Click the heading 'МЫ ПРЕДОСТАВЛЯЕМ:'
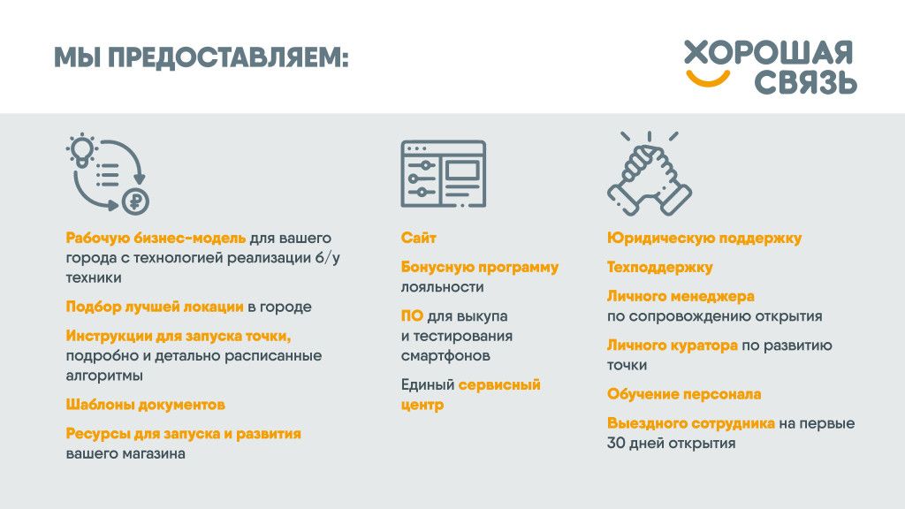coord(201,57)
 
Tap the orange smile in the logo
coord(707,80)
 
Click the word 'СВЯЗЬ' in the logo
coord(806,82)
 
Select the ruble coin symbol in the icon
coord(135,201)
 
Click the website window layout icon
coord(444,174)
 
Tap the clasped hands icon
coord(650,174)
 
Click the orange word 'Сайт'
coord(418,238)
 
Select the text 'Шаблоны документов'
coord(146,405)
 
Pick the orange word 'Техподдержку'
coord(659,267)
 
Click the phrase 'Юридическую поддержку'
coord(704,238)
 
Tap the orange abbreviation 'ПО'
coord(412,315)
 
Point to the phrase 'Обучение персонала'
coord(684,394)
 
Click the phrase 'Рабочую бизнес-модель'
coord(156,238)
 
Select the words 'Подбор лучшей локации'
coord(155,307)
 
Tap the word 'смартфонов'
coord(445,355)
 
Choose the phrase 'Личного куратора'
coord(673,346)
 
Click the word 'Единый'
coord(428,384)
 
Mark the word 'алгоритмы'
coord(104,375)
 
